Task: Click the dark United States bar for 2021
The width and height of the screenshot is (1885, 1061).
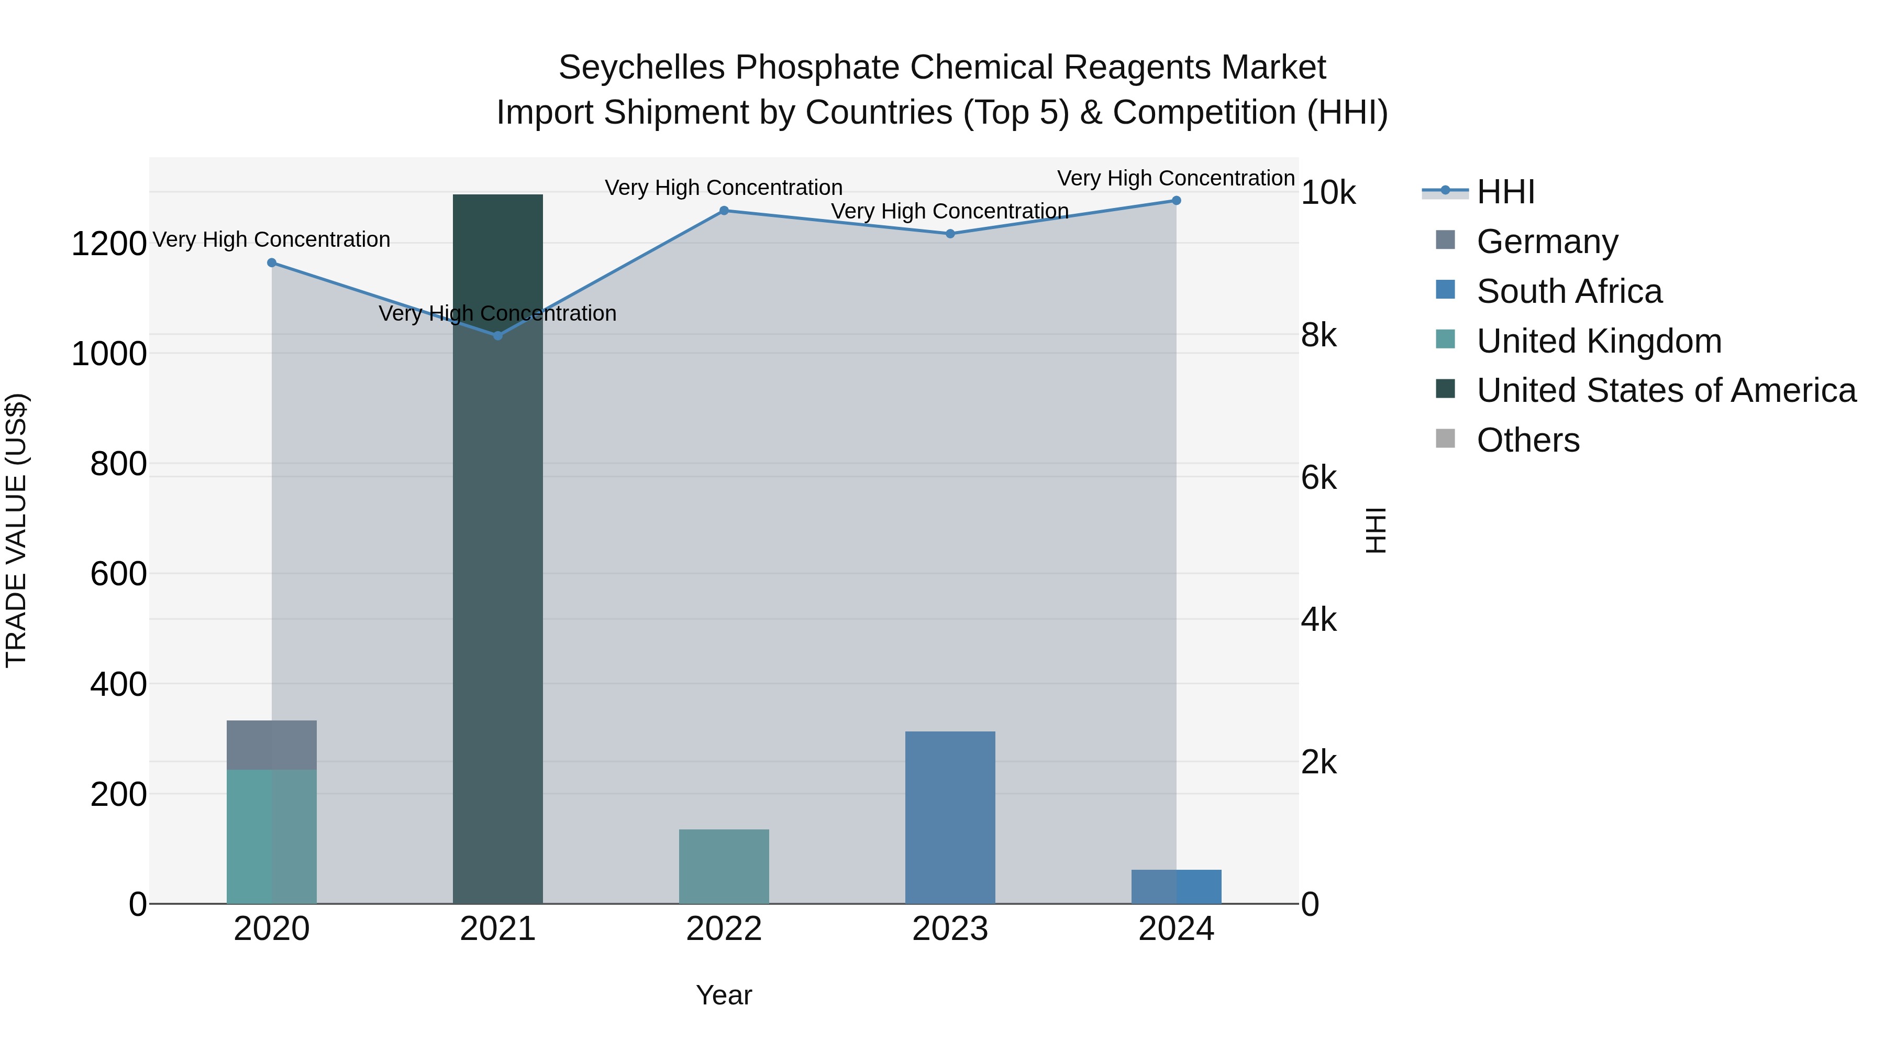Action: click(x=497, y=549)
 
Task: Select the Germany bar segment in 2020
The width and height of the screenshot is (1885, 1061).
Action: click(x=271, y=745)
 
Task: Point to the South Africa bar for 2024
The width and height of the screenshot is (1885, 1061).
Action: click(x=1176, y=887)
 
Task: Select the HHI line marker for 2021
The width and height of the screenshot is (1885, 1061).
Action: click(x=497, y=336)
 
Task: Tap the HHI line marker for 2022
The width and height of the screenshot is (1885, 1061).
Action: click(x=724, y=211)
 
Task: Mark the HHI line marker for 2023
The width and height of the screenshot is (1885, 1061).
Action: click(x=950, y=234)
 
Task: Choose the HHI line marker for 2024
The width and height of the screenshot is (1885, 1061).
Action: click(x=1176, y=201)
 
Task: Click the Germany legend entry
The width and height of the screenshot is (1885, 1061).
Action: click(x=1547, y=242)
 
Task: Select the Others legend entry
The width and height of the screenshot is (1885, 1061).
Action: click(x=1528, y=441)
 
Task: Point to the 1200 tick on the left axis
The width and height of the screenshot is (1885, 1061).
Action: click(x=108, y=244)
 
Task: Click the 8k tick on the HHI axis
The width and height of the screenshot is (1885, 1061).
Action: click(x=1318, y=335)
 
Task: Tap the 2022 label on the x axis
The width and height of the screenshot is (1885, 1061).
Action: click(x=724, y=929)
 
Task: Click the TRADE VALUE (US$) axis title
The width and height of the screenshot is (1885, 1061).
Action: click(x=16, y=530)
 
